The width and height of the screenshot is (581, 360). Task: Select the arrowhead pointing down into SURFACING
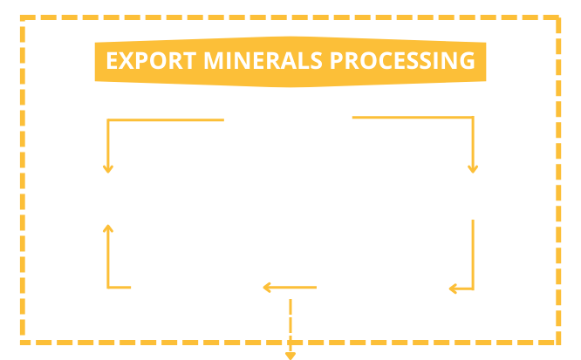click(x=473, y=168)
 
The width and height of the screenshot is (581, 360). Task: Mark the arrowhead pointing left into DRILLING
click(x=454, y=287)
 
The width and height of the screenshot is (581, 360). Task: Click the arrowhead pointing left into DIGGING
click(x=268, y=287)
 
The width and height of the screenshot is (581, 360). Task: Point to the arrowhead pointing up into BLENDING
click(x=107, y=228)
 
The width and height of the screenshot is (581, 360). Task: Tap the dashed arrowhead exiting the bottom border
click(x=290, y=354)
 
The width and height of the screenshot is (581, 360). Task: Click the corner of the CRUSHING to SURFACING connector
click(x=473, y=118)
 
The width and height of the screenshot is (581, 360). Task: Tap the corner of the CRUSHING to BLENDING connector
click(x=107, y=120)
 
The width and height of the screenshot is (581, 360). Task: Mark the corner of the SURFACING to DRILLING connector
click(x=473, y=287)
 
